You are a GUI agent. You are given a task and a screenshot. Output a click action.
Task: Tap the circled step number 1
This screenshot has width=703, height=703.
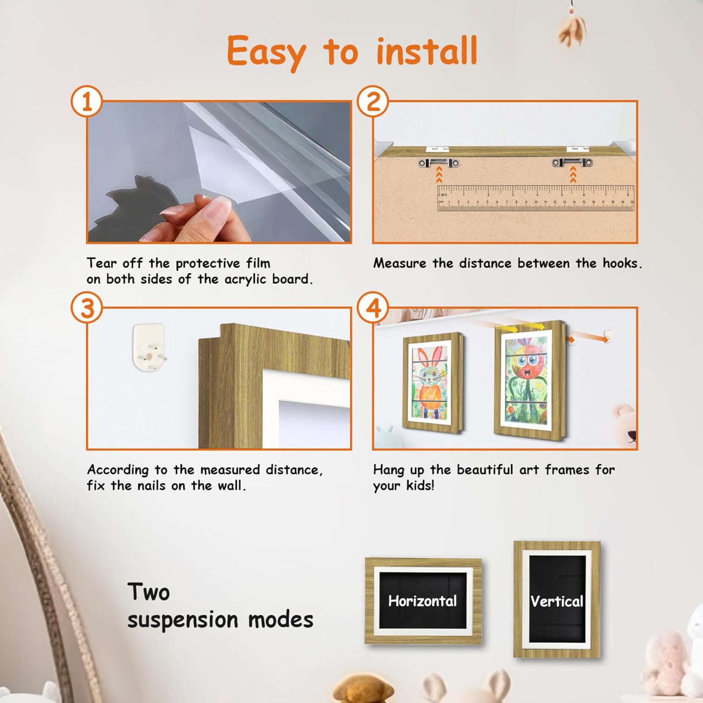pyautogui.click(x=87, y=101)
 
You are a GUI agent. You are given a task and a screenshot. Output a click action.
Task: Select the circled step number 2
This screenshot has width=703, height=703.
pyautogui.click(x=373, y=101)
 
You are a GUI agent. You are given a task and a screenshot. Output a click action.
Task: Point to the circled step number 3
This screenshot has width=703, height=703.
pyautogui.click(x=87, y=308)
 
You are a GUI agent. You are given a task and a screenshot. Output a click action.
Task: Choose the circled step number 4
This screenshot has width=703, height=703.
pyautogui.click(x=373, y=308)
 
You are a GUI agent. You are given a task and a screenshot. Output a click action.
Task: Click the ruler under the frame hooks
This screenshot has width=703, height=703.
pyautogui.click(x=535, y=198)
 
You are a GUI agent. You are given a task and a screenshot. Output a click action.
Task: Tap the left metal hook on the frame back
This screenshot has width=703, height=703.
pyautogui.click(x=439, y=163)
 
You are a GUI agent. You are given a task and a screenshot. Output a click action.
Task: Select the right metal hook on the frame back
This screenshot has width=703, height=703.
pyautogui.click(x=572, y=163)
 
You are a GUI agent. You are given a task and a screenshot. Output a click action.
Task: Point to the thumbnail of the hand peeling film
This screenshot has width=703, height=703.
pyautogui.click(x=219, y=172)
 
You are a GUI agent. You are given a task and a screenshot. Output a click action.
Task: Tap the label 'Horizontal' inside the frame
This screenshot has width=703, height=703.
pyautogui.click(x=422, y=601)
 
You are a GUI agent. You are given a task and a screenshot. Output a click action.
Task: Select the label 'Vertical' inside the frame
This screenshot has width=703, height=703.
pyautogui.click(x=557, y=601)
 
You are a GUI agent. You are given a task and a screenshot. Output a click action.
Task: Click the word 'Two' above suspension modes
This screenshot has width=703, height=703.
pyautogui.click(x=148, y=592)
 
